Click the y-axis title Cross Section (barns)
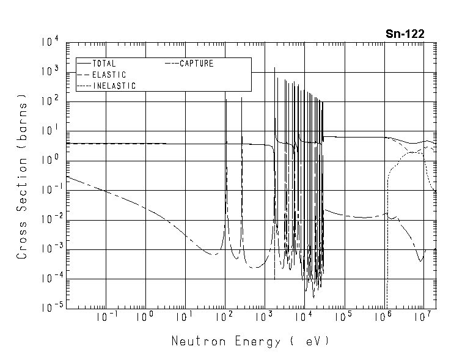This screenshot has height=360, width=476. pos(22,176)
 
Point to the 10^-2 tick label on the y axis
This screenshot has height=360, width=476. pos(49,219)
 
